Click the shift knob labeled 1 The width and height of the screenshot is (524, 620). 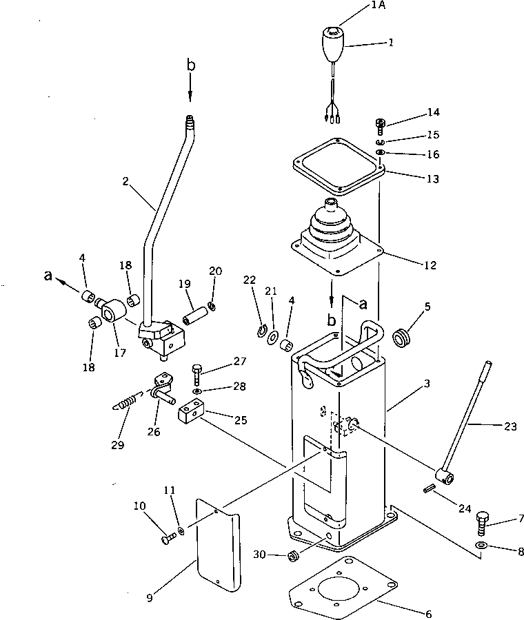(x=333, y=44)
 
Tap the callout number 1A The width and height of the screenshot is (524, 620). (x=379, y=6)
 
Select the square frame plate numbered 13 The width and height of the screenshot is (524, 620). (x=337, y=165)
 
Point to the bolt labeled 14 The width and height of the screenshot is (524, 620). (x=380, y=124)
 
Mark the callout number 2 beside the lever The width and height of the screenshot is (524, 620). (x=125, y=181)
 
